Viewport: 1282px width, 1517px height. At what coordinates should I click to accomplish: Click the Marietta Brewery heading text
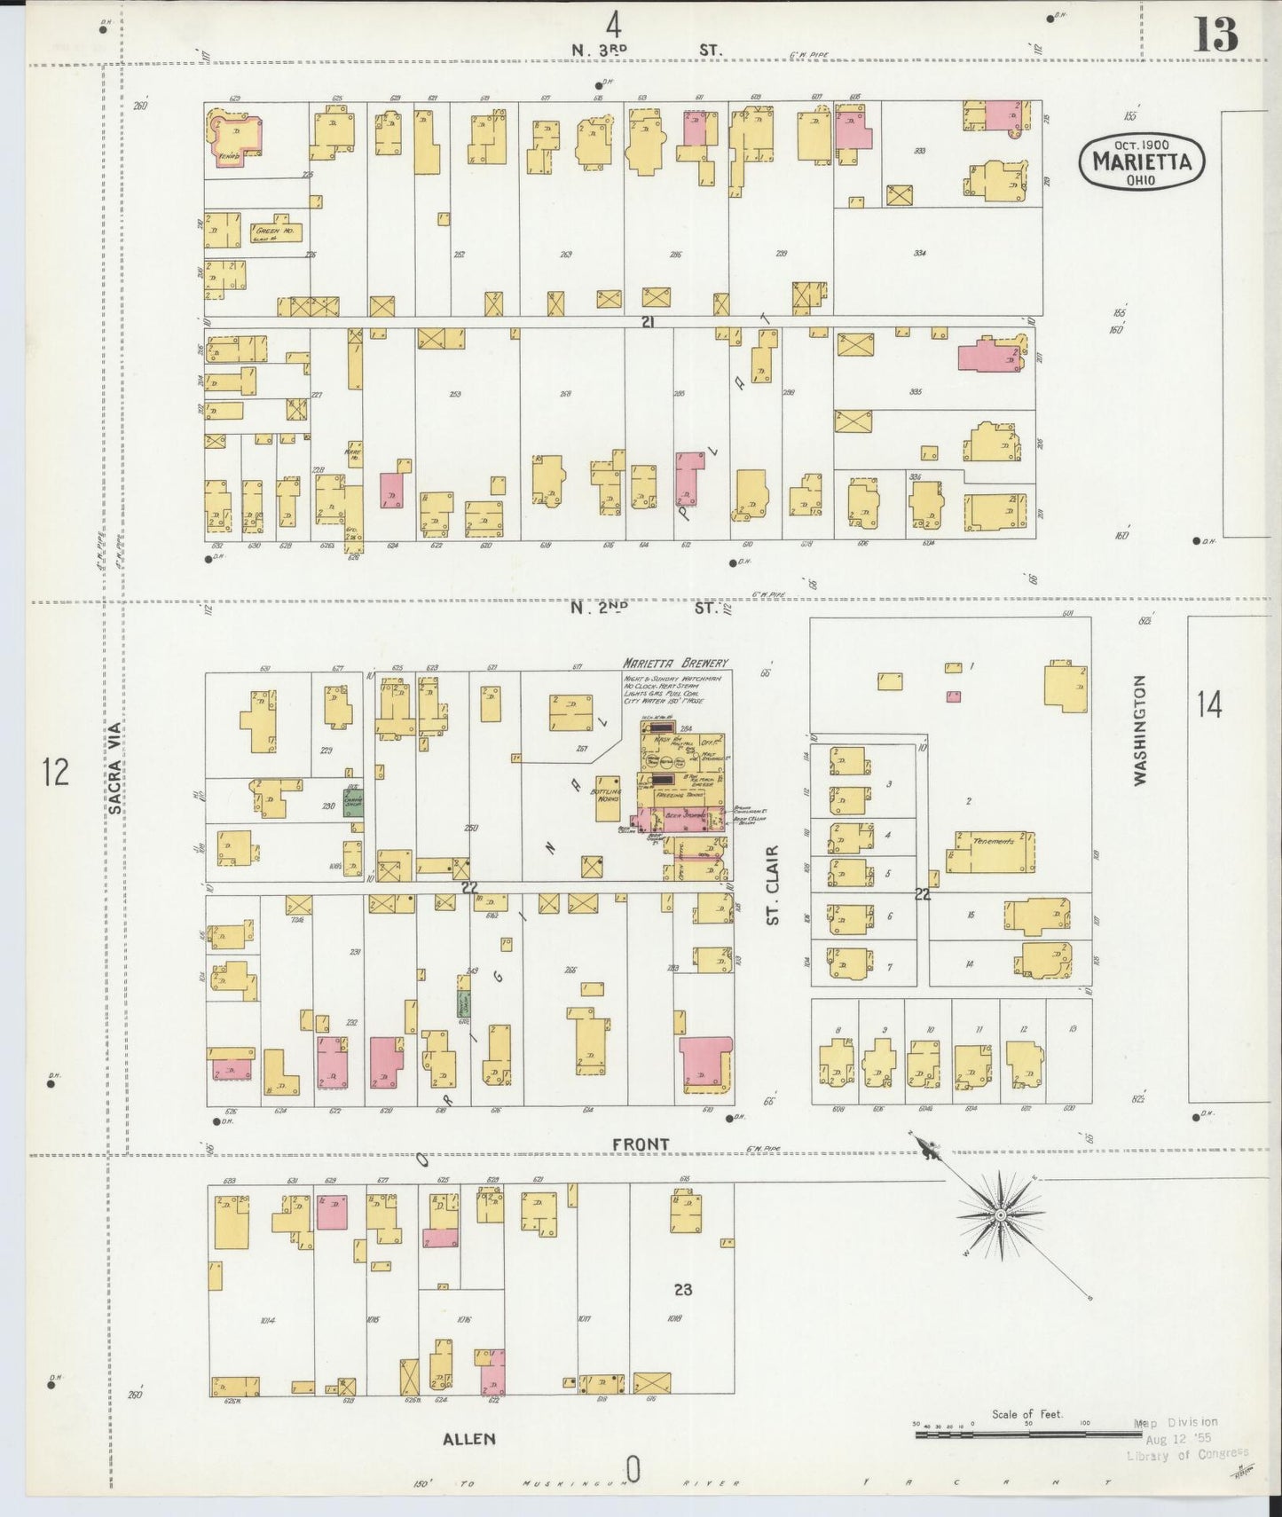(676, 663)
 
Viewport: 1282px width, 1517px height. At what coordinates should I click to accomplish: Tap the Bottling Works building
(609, 795)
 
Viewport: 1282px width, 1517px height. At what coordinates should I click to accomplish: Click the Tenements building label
(992, 841)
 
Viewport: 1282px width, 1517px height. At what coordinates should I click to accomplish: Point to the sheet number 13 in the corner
(1215, 35)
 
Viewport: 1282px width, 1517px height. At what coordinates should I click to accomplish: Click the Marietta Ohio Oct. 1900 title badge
(1141, 161)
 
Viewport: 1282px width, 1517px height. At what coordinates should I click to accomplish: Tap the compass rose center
(1000, 1214)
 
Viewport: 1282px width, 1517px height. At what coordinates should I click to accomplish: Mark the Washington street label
(1140, 729)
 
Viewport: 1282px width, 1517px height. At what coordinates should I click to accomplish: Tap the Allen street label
(468, 1439)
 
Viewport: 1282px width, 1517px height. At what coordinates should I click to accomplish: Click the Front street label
(640, 1144)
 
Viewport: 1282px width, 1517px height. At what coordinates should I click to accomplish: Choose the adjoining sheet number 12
(55, 772)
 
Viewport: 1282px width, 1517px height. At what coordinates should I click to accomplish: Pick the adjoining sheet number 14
(1209, 705)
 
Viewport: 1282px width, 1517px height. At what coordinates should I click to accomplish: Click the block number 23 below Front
(682, 1289)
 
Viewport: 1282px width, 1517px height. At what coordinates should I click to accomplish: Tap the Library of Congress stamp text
(1186, 1453)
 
